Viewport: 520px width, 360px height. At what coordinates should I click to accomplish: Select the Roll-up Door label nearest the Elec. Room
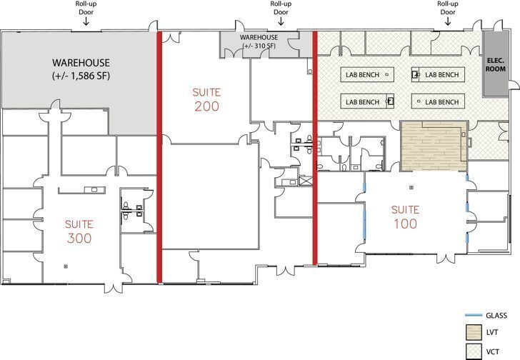(448, 8)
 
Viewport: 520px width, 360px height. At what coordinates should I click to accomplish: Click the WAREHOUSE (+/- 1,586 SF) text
(81, 69)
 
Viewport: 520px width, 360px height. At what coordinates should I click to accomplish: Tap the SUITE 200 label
(206, 99)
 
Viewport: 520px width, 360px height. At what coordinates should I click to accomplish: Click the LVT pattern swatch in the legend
(472, 333)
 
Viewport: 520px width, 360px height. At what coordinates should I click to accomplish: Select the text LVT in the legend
(492, 333)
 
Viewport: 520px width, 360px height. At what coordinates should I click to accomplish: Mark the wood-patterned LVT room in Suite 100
(432, 147)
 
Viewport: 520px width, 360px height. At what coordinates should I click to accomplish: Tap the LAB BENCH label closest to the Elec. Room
(441, 74)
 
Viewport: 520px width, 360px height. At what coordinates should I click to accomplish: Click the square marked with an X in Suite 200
(307, 181)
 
